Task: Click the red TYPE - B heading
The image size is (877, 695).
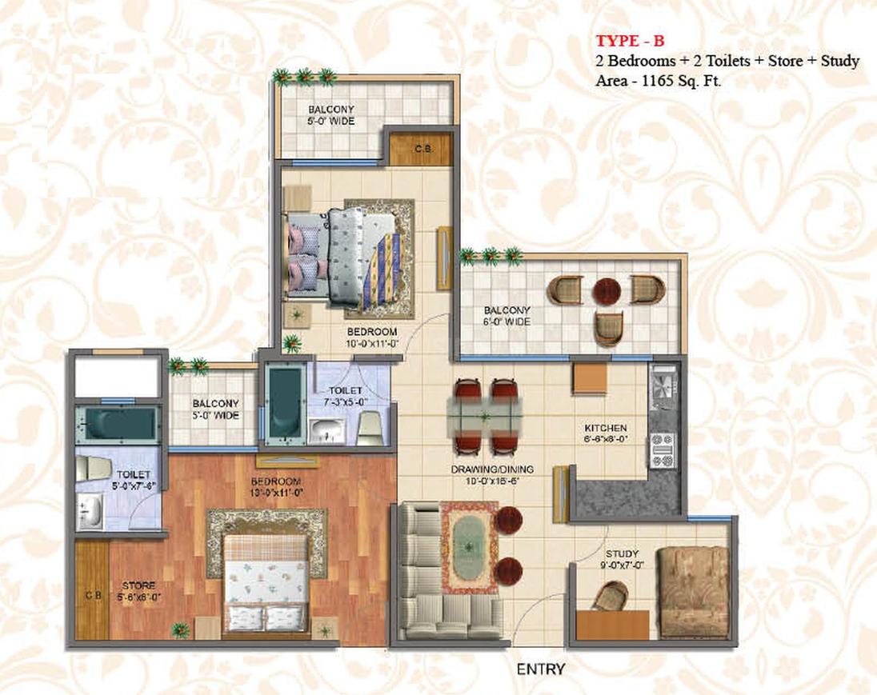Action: [x=631, y=42]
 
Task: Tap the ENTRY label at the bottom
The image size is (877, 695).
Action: [x=541, y=669]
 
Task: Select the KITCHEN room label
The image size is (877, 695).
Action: [x=605, y=433]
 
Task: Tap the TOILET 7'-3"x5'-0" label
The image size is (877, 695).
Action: [x=344, y=395]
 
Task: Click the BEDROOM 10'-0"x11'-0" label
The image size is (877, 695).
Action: [x=372, y=337]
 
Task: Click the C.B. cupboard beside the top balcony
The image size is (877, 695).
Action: [x=422, y=148]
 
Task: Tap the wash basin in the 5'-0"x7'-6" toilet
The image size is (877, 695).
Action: [x=90, y=509]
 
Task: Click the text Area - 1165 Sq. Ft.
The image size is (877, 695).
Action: [x=659, y=80]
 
